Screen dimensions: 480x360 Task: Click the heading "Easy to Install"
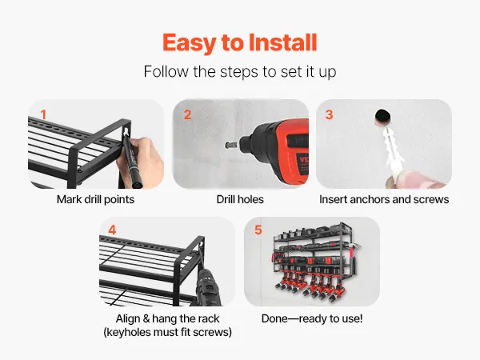(x=240, y=42)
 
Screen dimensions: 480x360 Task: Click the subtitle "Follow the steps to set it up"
(x=240, y=72)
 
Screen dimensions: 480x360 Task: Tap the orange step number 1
(x=43, y=114)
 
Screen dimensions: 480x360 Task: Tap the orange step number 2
(x=187, y=114)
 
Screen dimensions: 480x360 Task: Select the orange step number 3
(x=329, y=114)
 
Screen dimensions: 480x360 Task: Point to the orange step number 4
(x=112, y=230)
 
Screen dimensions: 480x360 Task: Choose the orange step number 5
(x=258, y=230)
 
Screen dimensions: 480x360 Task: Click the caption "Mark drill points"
(x=95, y=199)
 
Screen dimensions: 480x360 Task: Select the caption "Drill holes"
(x=240, y=199)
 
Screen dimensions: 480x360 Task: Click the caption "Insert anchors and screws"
(x=384, y=199)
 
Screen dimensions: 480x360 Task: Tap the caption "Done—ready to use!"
(x=312, y=318)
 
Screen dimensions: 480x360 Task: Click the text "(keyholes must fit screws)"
(x=167, y=332)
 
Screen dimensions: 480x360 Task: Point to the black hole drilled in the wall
(x=382, y=117)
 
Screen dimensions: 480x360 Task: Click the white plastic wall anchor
(x=393, y=151)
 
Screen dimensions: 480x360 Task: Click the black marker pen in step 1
(x=131, y=159)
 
